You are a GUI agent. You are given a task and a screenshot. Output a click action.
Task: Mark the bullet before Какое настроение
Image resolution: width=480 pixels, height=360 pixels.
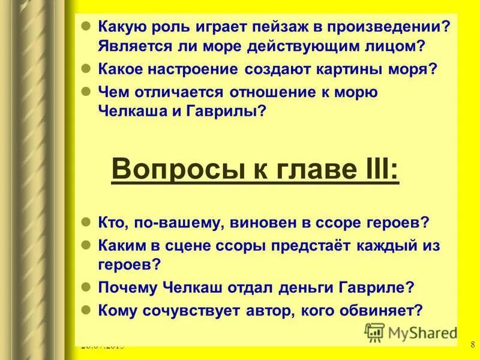85,68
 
